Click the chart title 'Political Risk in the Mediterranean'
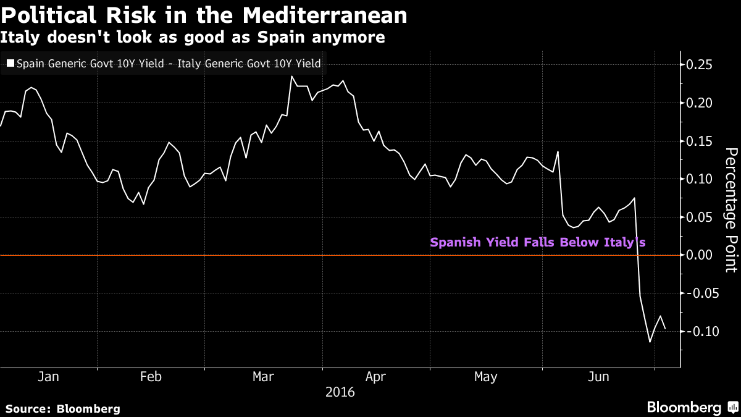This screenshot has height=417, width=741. click(x=204, y=15)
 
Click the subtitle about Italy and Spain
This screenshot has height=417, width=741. click(x=193, y=38)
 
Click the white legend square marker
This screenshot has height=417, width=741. click(x=10, y=63)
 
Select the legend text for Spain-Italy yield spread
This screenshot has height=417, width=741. click(x=169, y=63)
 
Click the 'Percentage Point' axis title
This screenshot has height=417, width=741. click(x=730, y=210)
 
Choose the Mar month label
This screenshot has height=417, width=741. click(x=264, y=377)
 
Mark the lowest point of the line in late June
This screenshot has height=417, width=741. click(x=650, y=342)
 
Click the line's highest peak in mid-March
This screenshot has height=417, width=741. click(x=291, y=77)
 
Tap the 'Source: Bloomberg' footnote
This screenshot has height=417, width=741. click(x=63, y=408)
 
